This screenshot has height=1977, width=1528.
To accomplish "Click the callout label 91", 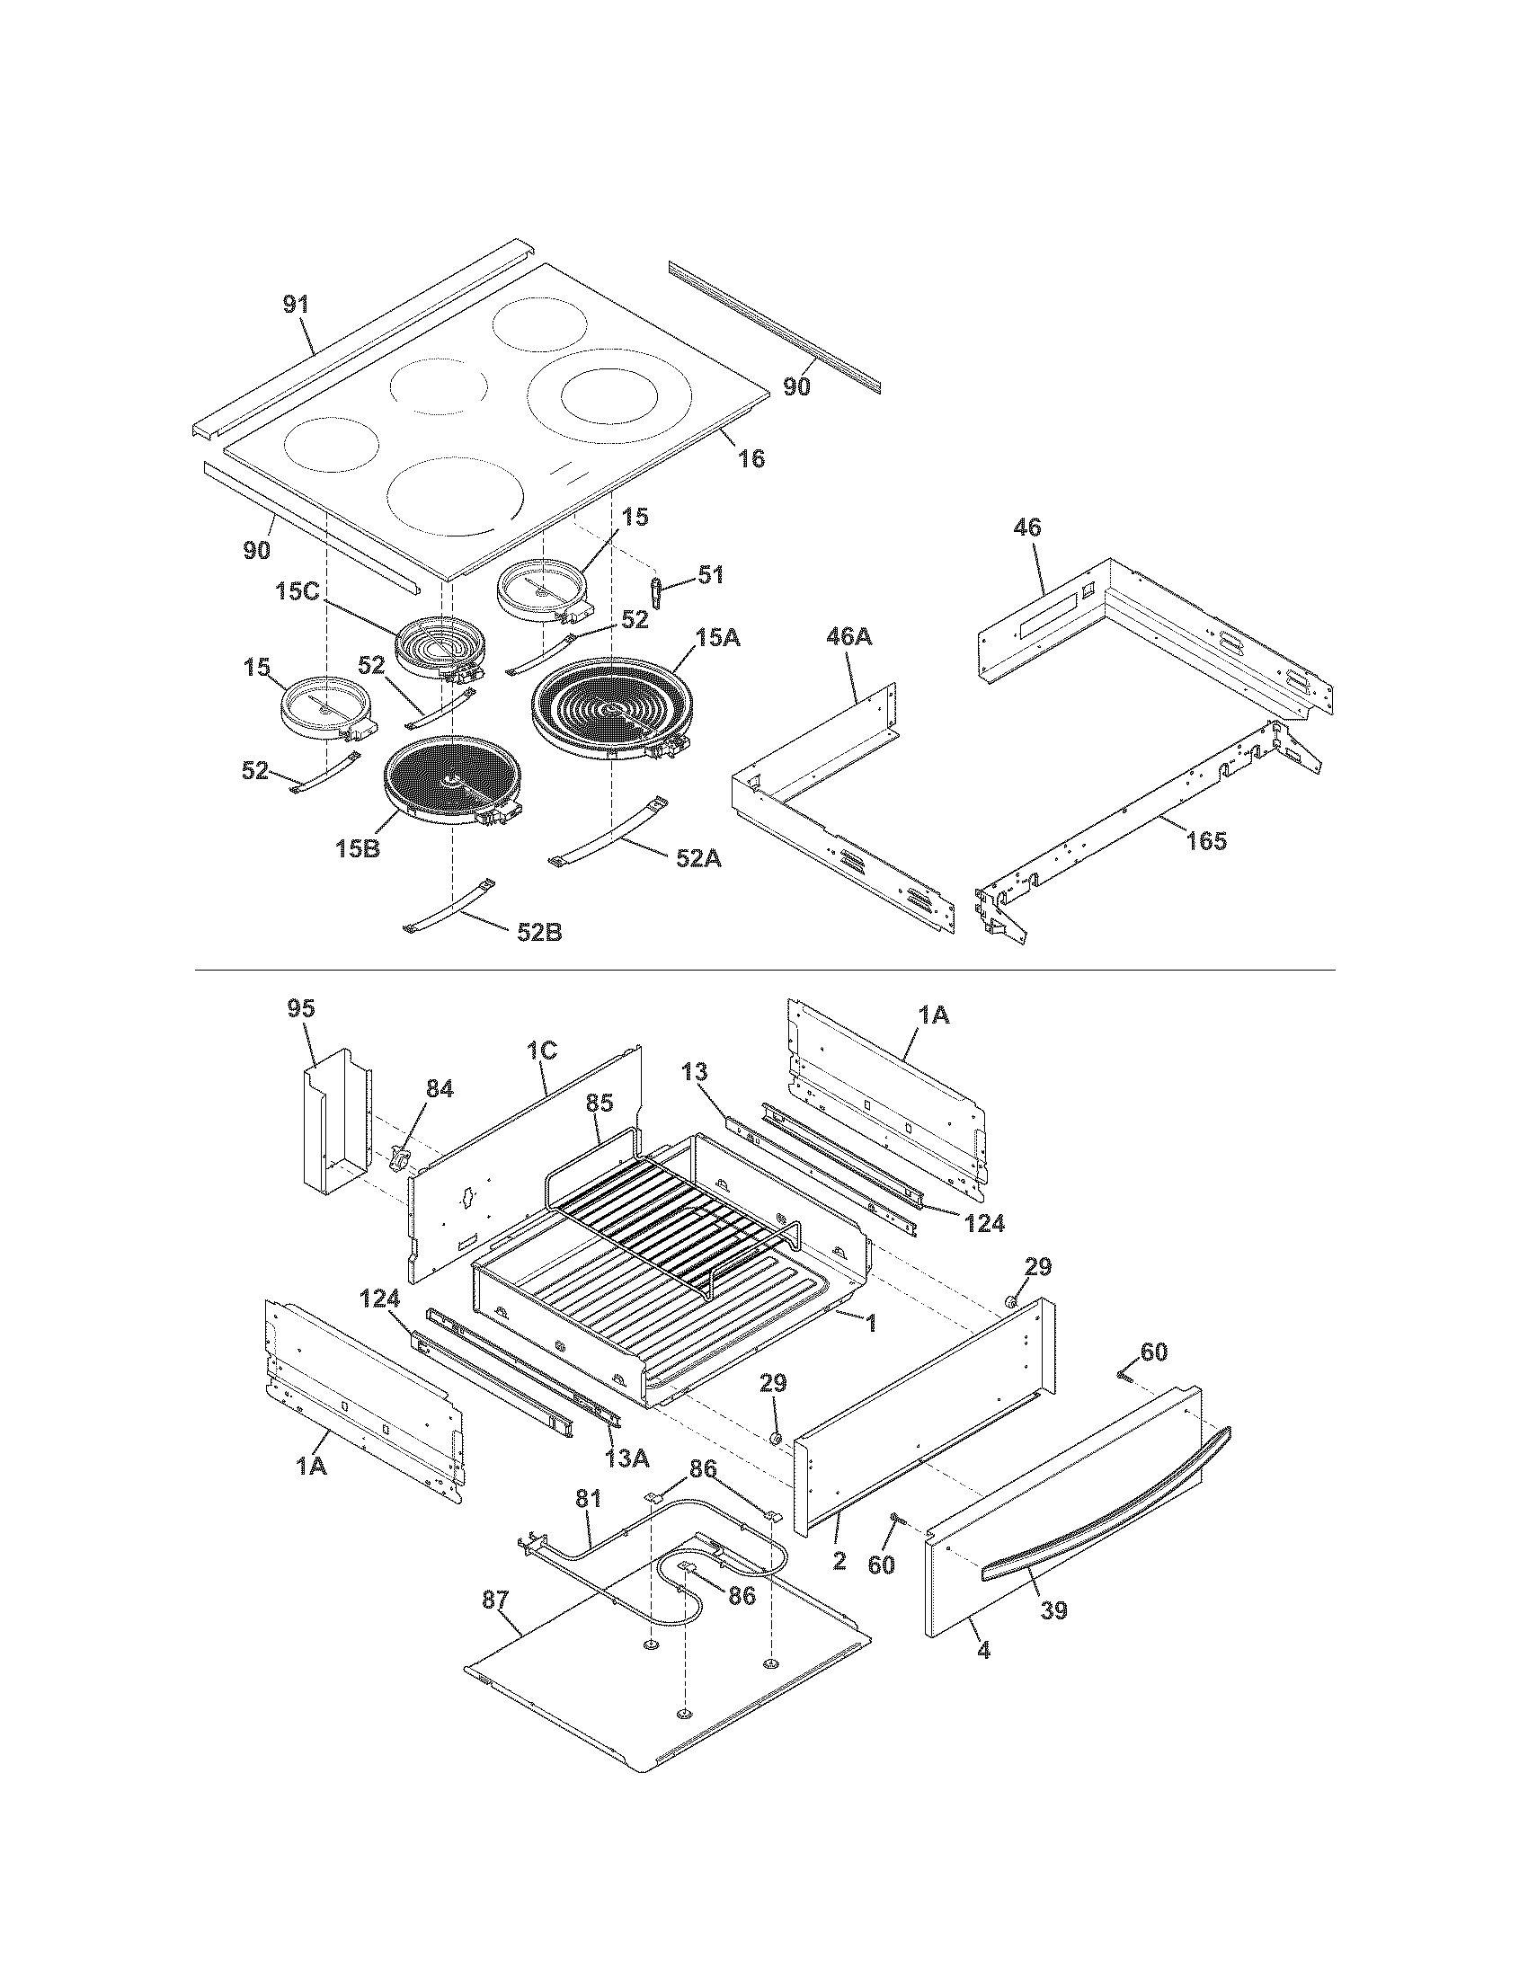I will (x=296, y=304).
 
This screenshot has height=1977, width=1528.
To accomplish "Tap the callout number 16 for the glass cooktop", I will (x=751, y=458).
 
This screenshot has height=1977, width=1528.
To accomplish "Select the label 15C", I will (x=298, y=591).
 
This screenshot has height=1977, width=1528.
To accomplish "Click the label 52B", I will (x=539, y=932).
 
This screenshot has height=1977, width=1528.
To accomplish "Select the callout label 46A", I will (x=848, y=636).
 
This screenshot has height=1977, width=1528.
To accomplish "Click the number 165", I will (x=1205, y=840).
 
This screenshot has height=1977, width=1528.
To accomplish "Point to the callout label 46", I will (x=1028, y=527).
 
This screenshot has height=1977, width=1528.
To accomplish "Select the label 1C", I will (x=541, y=1050).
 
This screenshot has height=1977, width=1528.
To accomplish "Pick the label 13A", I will (x=627, y=1458).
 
